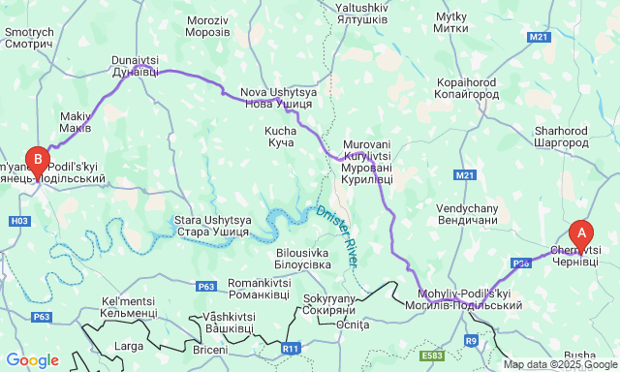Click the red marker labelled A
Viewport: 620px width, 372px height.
(x=581, y=233)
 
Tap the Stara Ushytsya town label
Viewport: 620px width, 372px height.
(x=213, y=226)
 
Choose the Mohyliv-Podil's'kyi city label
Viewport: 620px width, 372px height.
(x=470, y=298)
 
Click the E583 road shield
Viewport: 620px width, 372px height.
(x=433, y=356)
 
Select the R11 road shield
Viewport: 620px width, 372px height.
(x=291, y=348)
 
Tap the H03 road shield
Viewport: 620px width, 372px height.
(x=18, y=222)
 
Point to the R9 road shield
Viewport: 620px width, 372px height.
(x=471, y=340)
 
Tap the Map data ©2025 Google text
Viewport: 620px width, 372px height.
(x=559, y=364)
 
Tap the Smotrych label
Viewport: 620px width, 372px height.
(x=29, y=38)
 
